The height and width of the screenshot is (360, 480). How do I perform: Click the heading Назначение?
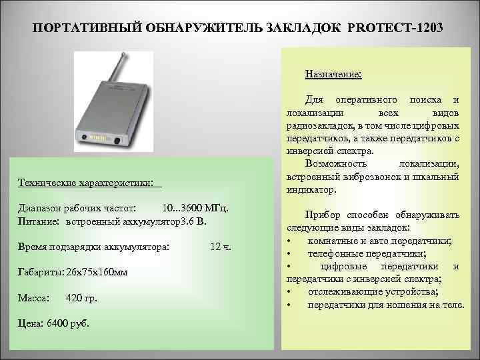333,73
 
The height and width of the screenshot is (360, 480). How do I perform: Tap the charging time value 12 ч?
220,247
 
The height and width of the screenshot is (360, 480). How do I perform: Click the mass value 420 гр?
82,298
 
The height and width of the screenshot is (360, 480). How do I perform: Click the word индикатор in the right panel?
311,189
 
